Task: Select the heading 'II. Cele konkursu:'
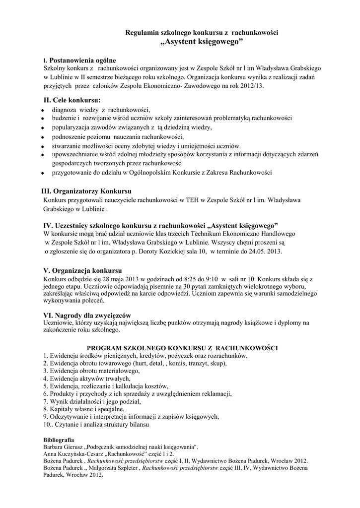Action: click(72, 100)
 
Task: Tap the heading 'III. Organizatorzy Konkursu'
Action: click(87, 191)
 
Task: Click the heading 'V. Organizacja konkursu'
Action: click(82, 271)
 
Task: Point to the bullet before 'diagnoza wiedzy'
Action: click(44, 111)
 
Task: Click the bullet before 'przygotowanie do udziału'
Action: click(44, 173)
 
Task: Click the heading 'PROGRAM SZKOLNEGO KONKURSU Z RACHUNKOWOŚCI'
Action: click(182, 348)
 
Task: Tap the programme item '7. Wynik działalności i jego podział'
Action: click(92, 401)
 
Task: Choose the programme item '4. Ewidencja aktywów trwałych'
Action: click(83, 379)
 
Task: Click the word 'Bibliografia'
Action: click(59, 440)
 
